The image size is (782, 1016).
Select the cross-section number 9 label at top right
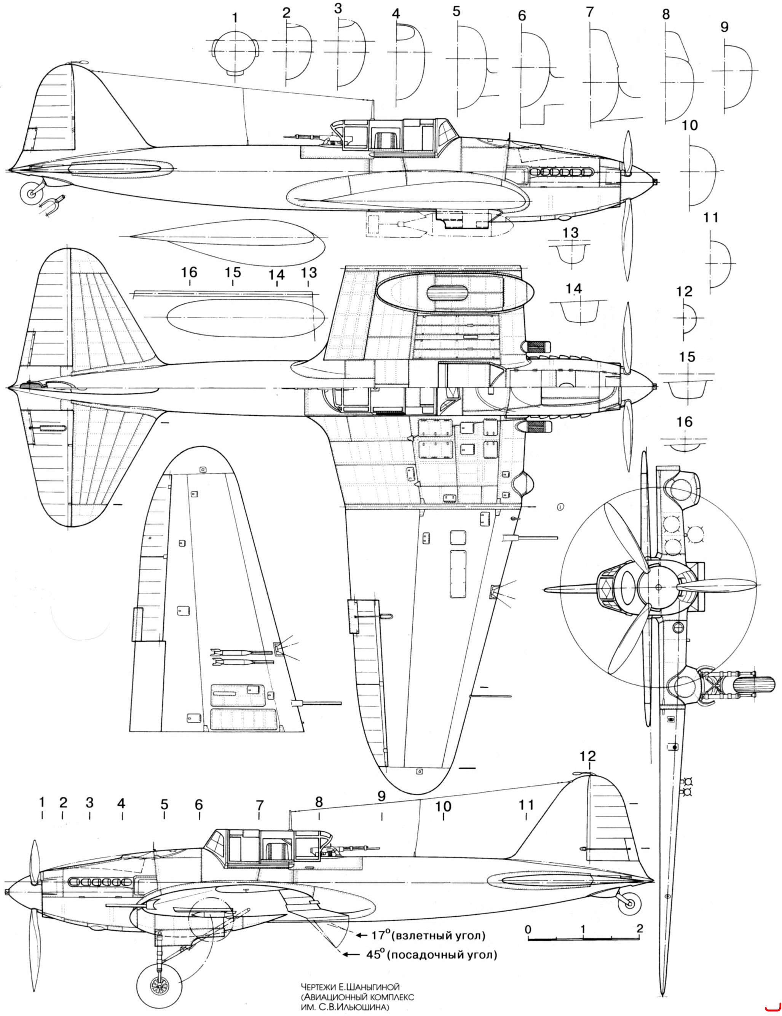(724, 27)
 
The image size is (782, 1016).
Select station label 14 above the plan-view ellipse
(277, 275)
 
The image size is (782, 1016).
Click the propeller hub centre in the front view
(658, 587)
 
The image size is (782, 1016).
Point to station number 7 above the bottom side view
(260, 805)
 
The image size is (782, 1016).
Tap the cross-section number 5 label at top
(456, 11)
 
